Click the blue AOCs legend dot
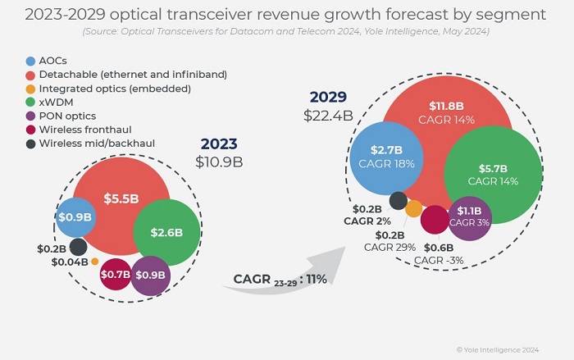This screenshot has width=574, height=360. tap(30, 62)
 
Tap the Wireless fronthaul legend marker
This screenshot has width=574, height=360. tap(30, 130)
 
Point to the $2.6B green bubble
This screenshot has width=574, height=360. tap(166, 232)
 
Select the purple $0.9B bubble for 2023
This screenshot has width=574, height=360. tap(150, 275)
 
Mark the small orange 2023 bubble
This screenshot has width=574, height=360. tap(95, 262)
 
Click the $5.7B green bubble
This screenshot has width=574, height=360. tap(493, 175)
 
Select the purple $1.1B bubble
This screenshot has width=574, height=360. tap(470, 217)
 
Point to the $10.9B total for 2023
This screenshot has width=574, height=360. tap(219, 162)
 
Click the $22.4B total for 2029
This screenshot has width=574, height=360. tap(328, 116)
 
